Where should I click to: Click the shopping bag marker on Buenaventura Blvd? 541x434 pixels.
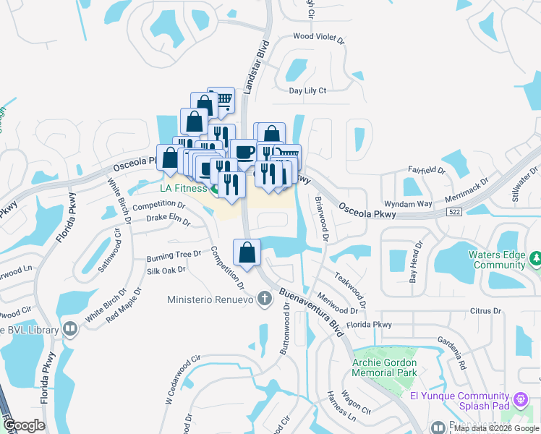(x=247, y=252)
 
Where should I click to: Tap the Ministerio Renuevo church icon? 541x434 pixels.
(x=265, y=298)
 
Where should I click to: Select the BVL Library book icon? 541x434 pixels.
(x=70, y=329)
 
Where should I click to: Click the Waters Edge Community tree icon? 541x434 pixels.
(x=535, y=258)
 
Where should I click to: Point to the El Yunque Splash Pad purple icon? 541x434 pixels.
(x=520, y=399)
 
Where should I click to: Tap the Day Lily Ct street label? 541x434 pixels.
(x=308, y=90)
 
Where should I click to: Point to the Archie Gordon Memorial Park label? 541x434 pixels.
(x=384, y=367)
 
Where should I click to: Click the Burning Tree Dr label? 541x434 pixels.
(x=174, y=255)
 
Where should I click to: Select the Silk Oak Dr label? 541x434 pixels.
(x=166, y=271)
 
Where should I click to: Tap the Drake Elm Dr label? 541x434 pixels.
(x=168, y=218)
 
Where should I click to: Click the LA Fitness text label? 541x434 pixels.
(x=183, y=189)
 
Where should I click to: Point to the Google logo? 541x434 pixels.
(x=24, y=425)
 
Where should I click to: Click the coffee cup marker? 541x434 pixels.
(x=244, y=152)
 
